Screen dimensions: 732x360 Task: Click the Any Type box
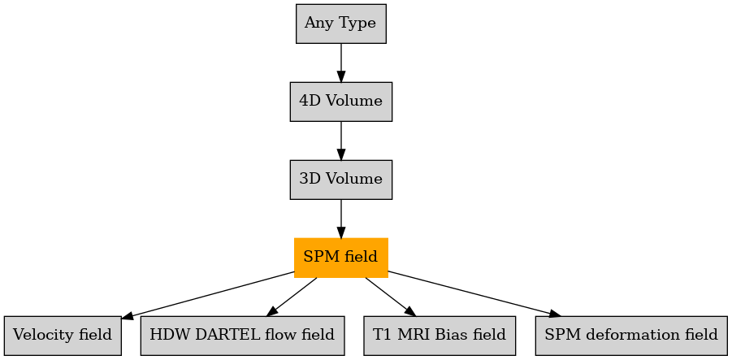pos(340,24)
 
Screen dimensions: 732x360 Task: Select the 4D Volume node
pos(340,102)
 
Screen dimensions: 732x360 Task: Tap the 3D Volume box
pos(340,180)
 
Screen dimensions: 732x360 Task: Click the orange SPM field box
pos(340,258)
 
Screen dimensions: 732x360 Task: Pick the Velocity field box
pos(63,336)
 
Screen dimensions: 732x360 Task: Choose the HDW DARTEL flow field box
pos(242,336)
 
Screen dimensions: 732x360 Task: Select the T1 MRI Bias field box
pos(440,336)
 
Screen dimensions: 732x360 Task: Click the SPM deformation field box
pos(631,336)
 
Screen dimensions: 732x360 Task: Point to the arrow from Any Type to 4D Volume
pos(340,63)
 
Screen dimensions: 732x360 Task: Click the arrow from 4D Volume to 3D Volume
pos(340,141)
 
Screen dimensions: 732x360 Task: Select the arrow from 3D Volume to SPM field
pos(340,219)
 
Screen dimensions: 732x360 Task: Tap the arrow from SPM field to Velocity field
pos(208,295)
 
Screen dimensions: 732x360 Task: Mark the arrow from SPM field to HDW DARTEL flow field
pos(292,297)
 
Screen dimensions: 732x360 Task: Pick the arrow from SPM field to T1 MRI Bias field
pos(390,297)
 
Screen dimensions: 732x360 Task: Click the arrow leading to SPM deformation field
pos(474,294)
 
